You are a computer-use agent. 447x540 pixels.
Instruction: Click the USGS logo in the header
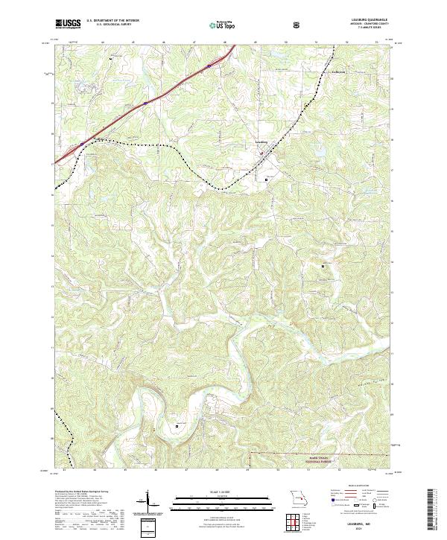(68, 24)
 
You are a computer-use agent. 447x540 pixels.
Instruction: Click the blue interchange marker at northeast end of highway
(209, 65)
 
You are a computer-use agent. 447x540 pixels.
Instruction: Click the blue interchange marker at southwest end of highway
(83, 144)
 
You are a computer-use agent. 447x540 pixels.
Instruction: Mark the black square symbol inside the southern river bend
(177, 425)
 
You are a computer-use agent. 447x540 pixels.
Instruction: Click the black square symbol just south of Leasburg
(267, 180)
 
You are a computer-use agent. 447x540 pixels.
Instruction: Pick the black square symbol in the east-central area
(323, 265)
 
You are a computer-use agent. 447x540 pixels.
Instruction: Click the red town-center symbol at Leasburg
(261, 153)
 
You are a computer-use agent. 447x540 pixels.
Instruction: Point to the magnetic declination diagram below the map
(149, 502)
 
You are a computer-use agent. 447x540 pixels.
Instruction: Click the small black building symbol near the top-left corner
(112, 58)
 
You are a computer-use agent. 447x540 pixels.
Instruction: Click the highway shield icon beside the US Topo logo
(298, 24)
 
